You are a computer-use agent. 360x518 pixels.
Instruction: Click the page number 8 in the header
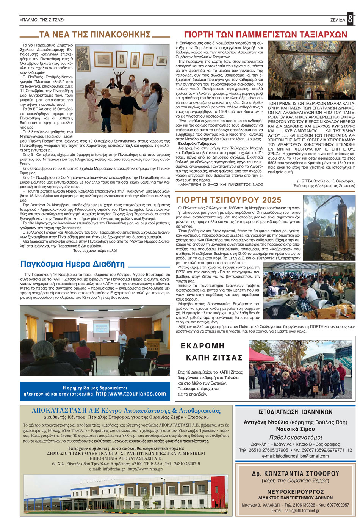350,19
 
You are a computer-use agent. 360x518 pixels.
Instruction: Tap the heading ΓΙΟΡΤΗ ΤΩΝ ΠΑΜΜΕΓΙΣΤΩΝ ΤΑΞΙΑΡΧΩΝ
265,35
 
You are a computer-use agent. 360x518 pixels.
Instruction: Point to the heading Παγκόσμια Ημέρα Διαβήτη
72,264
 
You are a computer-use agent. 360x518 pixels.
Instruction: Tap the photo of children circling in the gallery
122,89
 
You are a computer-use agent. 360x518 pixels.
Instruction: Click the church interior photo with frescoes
311,70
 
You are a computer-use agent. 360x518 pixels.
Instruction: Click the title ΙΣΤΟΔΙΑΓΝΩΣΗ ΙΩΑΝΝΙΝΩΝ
295,411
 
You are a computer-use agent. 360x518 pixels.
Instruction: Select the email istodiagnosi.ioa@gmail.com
295,456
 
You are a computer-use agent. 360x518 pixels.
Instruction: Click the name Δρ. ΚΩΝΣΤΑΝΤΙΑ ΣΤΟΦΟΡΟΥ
295,473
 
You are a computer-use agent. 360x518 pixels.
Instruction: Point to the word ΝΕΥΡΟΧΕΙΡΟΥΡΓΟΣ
295,490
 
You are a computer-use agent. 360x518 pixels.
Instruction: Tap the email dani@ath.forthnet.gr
295,510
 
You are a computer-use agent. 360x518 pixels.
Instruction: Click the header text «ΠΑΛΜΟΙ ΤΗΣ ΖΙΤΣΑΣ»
42,19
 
